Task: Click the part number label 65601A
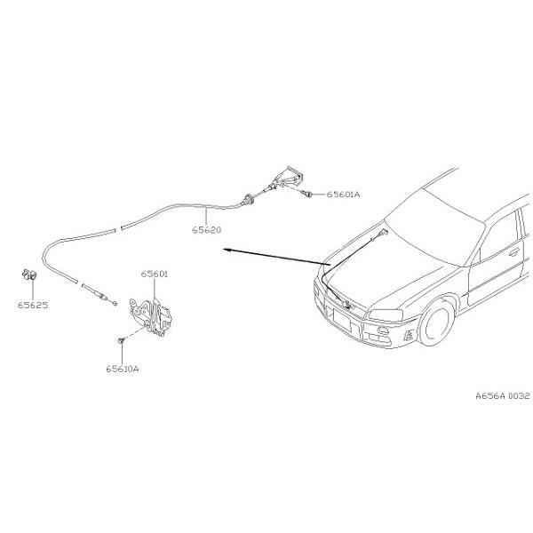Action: point(343,195)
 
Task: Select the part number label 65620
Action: point(206,230)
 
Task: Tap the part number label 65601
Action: point(155,274)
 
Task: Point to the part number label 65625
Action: point(33,305)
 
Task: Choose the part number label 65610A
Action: point(123,369)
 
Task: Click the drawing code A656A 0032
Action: point(503,395)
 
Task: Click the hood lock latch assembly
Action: point(151,317)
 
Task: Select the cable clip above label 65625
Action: point(29,274)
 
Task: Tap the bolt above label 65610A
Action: point(121,340)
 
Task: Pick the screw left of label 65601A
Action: point(308,195)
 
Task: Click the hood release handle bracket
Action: point(289,177)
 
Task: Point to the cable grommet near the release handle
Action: point(248,200)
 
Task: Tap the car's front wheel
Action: point(436,323)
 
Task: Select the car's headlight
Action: point(386,315)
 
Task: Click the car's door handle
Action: point(514,252)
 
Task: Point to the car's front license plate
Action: point(342,320)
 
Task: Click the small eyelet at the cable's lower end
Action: point(115,303)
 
